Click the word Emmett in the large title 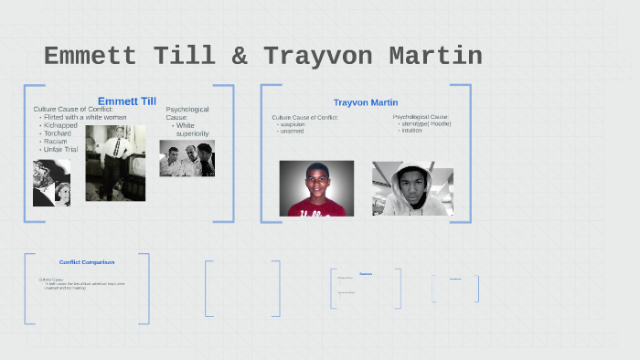tap(95, 57)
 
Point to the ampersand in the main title tap(239, 57)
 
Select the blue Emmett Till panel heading tap(127, 101)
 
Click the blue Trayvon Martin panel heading tap(366, 102)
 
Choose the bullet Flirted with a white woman tap(83, 118)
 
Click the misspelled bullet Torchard tap(59, 133)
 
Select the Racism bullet tap(57, 142)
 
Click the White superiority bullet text tap(192, 129)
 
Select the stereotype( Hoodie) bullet tap(426, 123)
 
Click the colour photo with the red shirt tap(316, 188)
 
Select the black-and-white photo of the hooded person tap(412, 188)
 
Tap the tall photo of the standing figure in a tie tap(115, 163)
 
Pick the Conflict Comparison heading tap(87, 263)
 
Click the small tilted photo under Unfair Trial tap(51, 183)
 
